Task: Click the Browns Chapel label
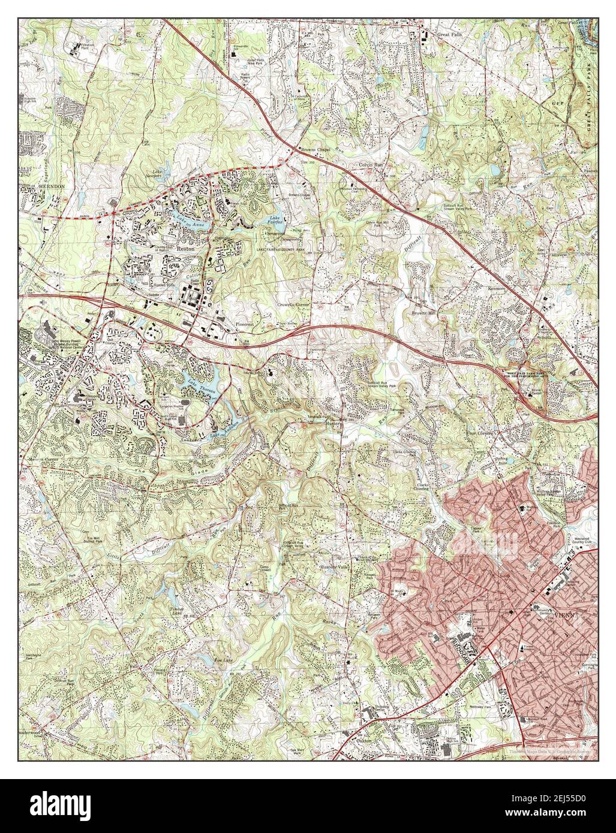point(317,149)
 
